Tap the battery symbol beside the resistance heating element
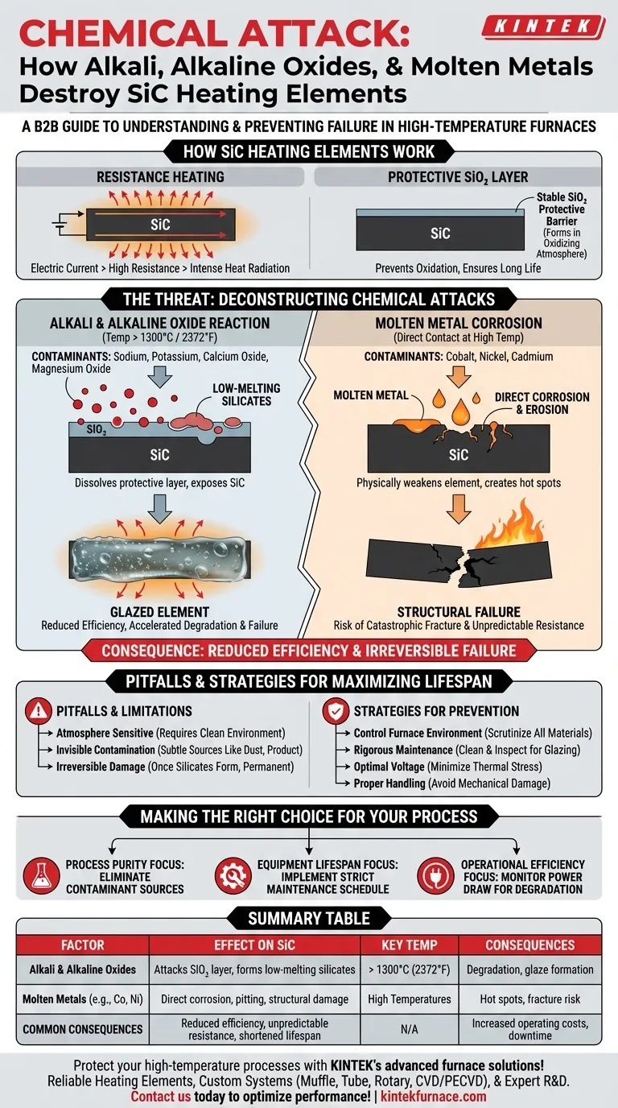coord(59,225)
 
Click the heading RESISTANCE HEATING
coord(160,176)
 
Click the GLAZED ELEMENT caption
coord(159,612)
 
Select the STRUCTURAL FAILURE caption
coord(458,612)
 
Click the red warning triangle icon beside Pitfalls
coord(37,711)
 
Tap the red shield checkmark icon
coord(335,711)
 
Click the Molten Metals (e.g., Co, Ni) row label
coord(83,998)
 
